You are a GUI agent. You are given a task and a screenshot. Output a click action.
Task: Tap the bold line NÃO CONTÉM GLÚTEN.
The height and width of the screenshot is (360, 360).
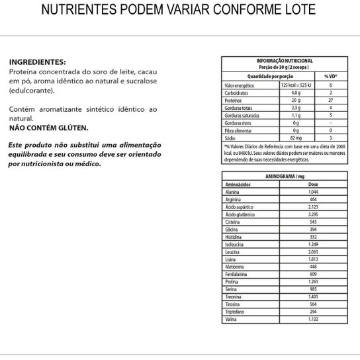[x=48, y=127]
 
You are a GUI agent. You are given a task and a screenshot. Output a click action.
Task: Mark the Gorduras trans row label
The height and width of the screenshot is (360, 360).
[x=240, y=122]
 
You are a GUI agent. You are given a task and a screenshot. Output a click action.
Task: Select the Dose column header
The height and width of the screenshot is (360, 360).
[x=314, y=185]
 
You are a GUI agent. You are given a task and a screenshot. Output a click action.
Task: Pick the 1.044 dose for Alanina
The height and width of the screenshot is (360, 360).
[x=314, y=191]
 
